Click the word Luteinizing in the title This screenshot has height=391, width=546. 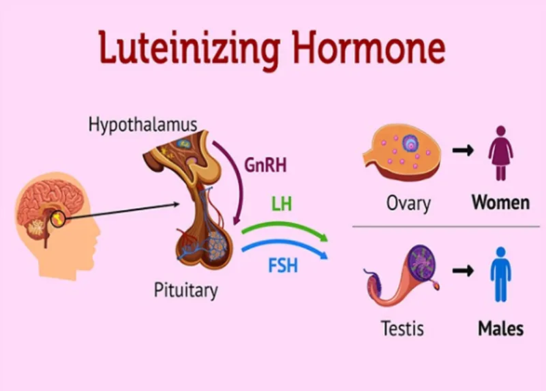pyautogui.click(x=189, y=49)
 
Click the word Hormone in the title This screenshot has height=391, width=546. pyautogui.click(x=369, y=47)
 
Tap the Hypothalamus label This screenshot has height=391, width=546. pyautogui.click(x=143, y=125)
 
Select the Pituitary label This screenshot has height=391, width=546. pyautogui.click(x=186, y=291)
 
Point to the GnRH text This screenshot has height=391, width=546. pyautogui.click(x=265, y=165)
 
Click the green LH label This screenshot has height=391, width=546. pyautogui.click(x=282, y=204)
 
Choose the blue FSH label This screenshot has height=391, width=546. pyautogui.click(x=283, y=265)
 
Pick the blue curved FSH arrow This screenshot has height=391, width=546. pyautogui.click(x=285, y=245)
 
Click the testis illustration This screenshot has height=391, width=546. pyautogui.click(x=401, y=275)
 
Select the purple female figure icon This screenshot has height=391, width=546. pyautogui.click(x=501, y=153)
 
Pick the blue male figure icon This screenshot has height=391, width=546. pyautogui.click(x=501, y=274)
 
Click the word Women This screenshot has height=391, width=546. pyautogui.click(x=501, y=202)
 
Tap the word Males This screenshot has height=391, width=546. pyautogui.click(x=501, y=328)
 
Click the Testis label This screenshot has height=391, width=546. pyautogui.click(x=403, y=328)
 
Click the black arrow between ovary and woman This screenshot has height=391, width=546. pyautogui.click(x=463, y=150)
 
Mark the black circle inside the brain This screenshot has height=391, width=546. pyautogui.click(x=58, y=219)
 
